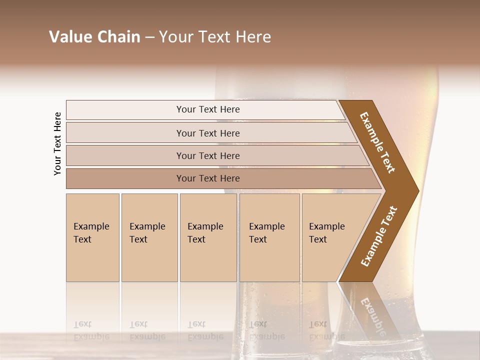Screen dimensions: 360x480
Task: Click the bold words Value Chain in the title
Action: (94, 37)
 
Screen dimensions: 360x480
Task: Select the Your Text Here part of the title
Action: (215, 37)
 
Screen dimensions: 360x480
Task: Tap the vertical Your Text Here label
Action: (57, 143)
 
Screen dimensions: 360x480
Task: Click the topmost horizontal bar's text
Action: (208, 109)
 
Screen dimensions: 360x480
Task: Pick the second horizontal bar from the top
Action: (208, 133)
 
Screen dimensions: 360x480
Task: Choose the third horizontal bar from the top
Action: (208, 155)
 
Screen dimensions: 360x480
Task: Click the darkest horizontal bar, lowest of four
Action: (208, 178)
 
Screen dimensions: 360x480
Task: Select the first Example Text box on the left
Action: (92, 237)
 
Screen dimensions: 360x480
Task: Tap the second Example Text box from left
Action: (149, 237)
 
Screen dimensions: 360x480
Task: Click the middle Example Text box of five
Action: (207, 237)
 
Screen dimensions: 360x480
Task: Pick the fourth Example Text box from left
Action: (269, 237)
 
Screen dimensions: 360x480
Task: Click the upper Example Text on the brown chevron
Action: (377, 142)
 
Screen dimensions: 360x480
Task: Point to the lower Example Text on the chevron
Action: (378, 236)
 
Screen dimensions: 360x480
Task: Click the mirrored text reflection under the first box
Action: (91, 330)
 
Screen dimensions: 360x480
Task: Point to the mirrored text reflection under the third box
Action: (205, 330)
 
